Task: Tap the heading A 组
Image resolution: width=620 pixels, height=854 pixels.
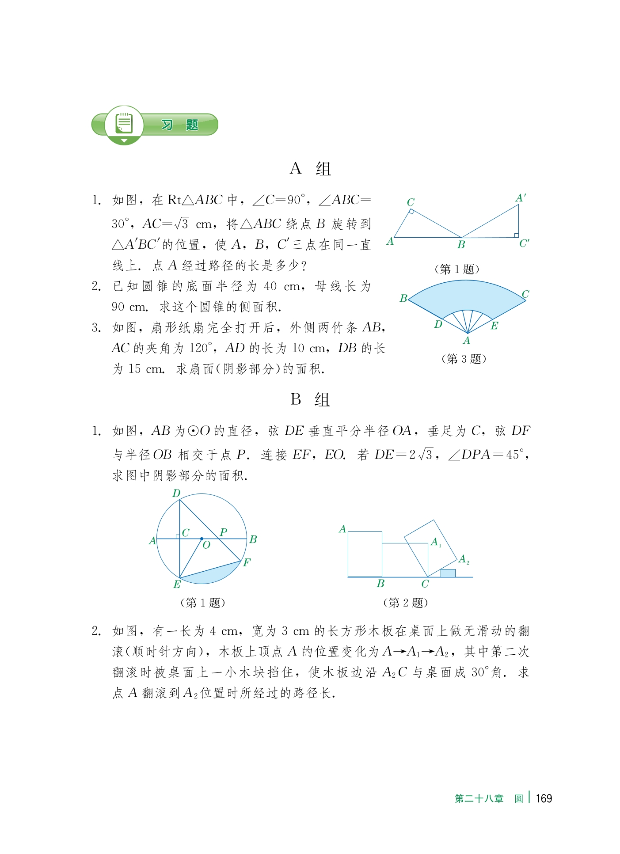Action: [x=310, y=169]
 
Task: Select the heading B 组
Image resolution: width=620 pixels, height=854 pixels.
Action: [x=310, y=400]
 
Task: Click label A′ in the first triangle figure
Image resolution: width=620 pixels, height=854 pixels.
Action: [x=521, y=198]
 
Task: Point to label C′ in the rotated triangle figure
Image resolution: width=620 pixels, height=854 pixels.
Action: [x=524, y=243]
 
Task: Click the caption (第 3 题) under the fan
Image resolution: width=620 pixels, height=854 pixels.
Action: [x=464, y=358]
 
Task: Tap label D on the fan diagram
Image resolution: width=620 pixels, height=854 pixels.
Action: [x=438, y=325]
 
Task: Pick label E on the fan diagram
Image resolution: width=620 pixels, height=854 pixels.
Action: [x=494, y=326]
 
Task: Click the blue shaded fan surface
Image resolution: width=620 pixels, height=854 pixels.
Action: [x=466, y=296]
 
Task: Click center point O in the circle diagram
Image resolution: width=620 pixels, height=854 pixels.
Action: [x=202, y=539]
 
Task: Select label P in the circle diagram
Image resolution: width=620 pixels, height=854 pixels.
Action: [x=224, y=532]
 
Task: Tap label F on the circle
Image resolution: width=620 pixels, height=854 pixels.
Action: [x=247, y=562]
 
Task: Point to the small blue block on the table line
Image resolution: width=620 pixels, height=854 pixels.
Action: [x=448, y=573]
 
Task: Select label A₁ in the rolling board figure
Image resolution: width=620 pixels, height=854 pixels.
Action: [x=436, y=542]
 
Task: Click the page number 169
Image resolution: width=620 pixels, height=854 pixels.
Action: [x=544, y=798]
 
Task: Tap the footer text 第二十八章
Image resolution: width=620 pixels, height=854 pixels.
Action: [x=479, y=798]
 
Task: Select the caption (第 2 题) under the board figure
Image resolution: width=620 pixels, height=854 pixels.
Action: [x=405, y=602]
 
